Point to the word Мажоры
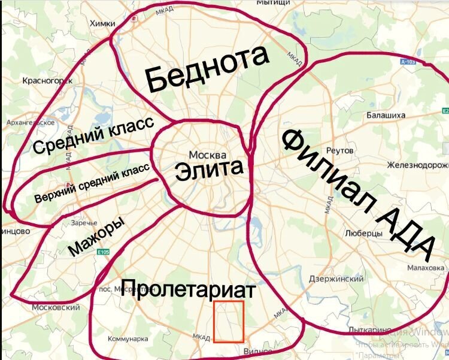point(97,236)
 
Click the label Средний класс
point(93,136)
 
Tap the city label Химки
point(101,23)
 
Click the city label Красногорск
point(47,80)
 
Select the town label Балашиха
point(386,114)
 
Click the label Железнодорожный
point(418,165)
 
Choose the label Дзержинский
point(336,279)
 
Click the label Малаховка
point(427,268)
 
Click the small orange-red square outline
point(229,322)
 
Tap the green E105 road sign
point(103,253)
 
